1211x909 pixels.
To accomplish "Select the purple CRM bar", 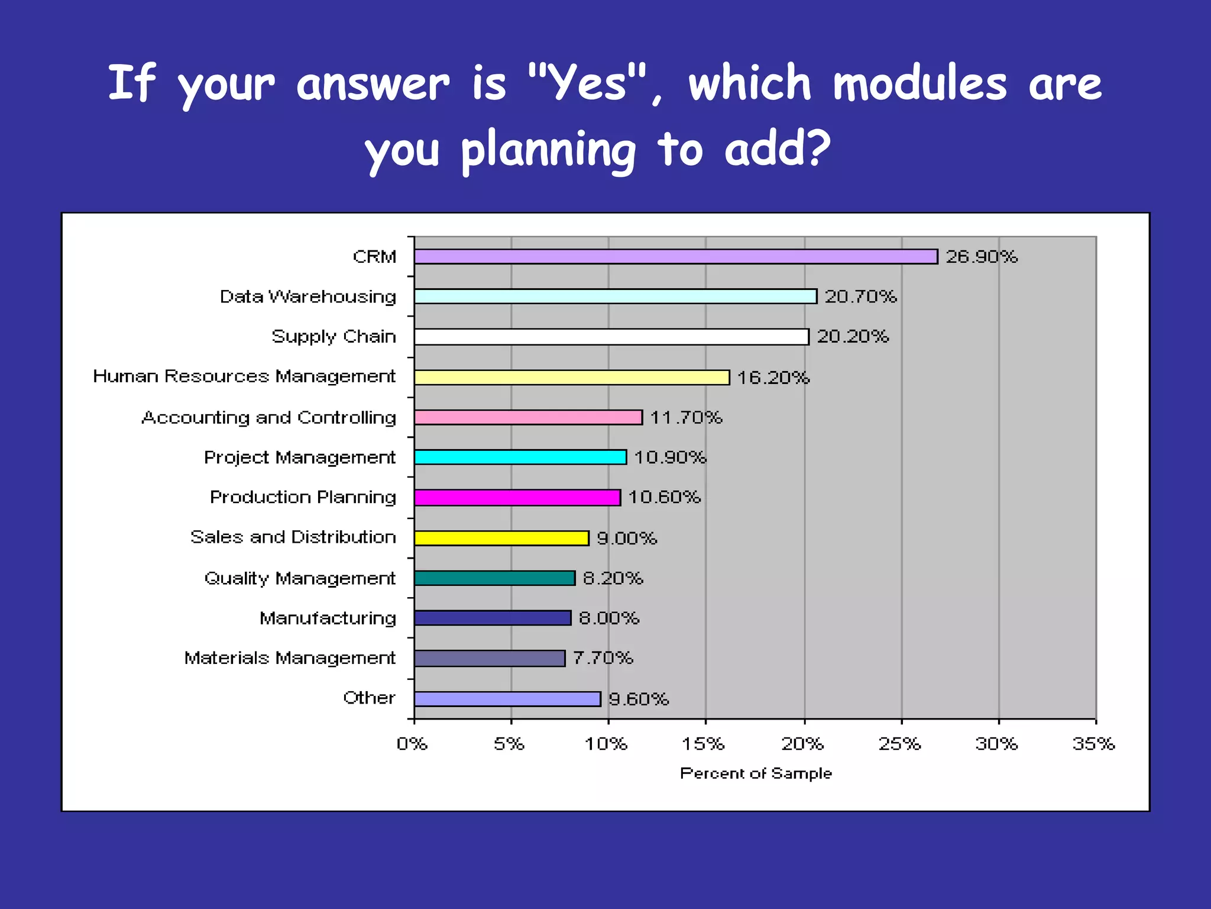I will point(675,256).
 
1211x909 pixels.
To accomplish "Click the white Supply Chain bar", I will point(611,337).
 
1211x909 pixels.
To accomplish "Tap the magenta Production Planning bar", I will point(517,497).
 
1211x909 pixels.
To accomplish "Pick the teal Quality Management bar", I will point(494,578).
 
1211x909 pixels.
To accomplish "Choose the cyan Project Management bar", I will point(520,457).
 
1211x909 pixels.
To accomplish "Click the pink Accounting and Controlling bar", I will point(528,417).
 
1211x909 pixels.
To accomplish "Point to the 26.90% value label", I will point(981,256).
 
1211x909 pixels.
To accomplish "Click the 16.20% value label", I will point(773,378).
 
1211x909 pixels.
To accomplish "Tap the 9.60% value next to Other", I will point(638,699).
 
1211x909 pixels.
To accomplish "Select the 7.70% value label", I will point(603,657).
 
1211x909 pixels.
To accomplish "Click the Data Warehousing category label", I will point(307,296).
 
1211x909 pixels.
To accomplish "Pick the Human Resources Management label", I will point(244,376).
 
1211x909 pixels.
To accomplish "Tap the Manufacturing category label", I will point(328,618).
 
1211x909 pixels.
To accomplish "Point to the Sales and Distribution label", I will point(293,537).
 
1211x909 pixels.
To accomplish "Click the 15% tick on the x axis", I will point(703,743).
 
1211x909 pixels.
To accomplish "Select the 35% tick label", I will point(1093,743).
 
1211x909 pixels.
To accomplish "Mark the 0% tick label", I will point(412,743).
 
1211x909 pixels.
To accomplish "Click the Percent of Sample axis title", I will point(755,773).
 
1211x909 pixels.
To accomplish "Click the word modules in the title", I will point(919,83).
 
